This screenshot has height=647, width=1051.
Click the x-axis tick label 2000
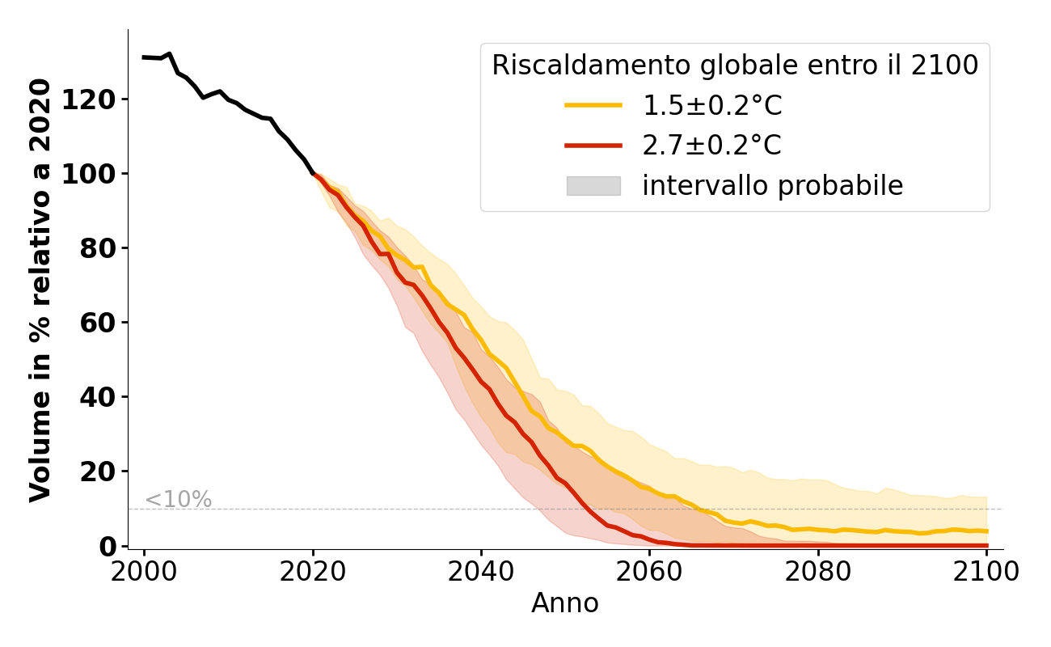click(x=145, y=572)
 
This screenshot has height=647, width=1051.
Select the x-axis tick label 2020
click(x=313, y=572)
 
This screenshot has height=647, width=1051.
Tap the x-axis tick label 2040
click(x=481, y=572)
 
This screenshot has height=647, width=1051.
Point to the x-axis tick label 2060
click(x=649, y=572)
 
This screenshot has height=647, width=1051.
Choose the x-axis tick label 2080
click(x=817, y=572)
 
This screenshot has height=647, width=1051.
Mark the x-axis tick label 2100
click(x=986, y=572)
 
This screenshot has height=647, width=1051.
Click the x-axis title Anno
click(x=565, y=603)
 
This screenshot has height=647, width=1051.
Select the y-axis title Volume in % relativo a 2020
click(x=40, y=290)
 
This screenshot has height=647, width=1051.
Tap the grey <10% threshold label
click(x=178, y=500)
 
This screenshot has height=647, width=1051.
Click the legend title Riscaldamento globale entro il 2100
click(x=735, y=66)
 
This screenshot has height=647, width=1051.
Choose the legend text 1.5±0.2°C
click(x=711, y=105)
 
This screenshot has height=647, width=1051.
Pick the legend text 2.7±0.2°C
click(x=711, y=146)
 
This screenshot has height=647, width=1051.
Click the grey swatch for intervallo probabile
click(x=593, y=186)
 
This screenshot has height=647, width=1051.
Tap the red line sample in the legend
click(x=593, y=146)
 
